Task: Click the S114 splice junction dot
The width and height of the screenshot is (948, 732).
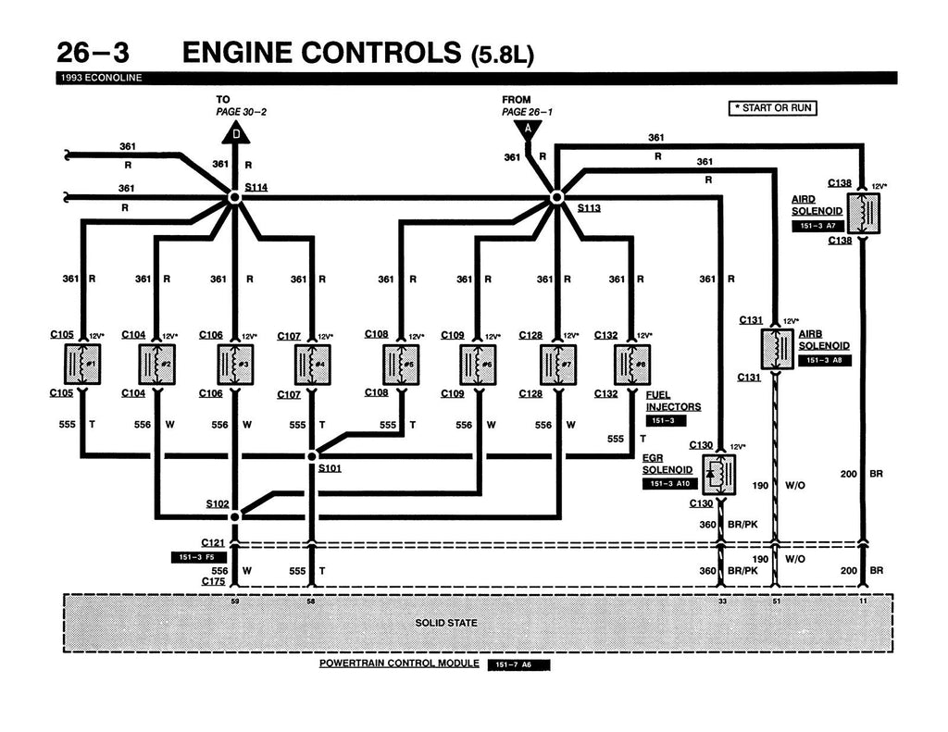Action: point(234,197)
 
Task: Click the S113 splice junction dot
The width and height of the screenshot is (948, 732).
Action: point(556,197)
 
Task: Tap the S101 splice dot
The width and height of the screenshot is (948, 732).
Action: point(312,455)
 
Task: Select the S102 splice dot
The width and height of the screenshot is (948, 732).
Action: point(234,515)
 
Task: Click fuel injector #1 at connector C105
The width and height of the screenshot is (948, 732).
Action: point(82,364)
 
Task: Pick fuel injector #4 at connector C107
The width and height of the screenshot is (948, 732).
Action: point(312,365)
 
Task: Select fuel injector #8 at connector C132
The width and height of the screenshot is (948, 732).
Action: point(632,364)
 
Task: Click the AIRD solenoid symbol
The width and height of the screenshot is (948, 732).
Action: point(863,214)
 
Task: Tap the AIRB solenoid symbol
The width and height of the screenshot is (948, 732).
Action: point(775,349)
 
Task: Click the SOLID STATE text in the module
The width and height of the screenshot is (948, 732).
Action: point(447,623)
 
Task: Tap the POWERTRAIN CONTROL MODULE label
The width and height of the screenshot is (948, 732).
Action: point(399,664)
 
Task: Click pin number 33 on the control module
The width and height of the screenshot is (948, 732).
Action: point(722,602)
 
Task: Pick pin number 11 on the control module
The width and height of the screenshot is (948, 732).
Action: point(863,602)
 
